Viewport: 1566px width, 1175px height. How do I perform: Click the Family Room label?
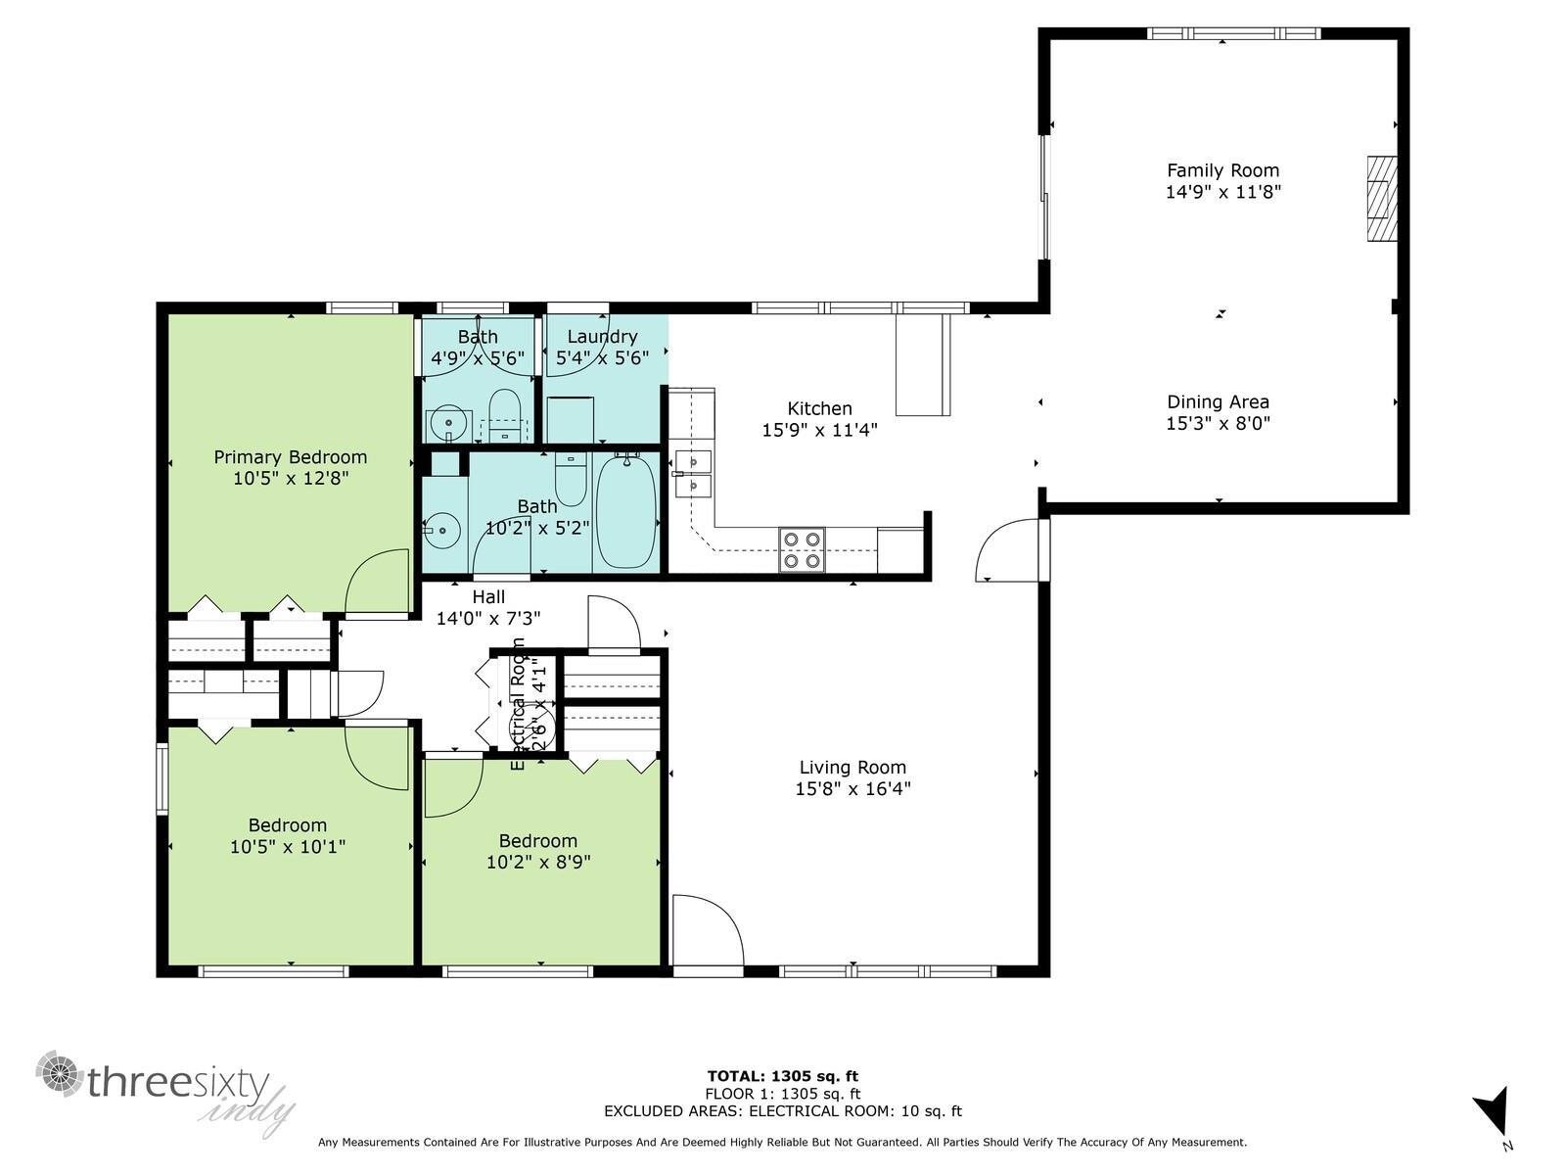click(x=1222, y=170)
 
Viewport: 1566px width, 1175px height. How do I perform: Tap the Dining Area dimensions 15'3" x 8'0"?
click(x=1218, y=423)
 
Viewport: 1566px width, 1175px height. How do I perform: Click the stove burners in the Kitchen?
click(x=802, y=549)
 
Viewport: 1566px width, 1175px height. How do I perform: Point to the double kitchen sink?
click(x=692, y=471)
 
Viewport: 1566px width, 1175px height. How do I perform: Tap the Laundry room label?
click(x=602, y=337)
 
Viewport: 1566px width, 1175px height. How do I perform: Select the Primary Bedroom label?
click(x=291, y=457)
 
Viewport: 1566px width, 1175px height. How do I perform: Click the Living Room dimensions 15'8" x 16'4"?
click(x=852, y=789)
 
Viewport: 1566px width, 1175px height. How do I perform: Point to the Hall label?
click(x=488, y=596)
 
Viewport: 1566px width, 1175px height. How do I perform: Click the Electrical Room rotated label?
click(x=518, y=703)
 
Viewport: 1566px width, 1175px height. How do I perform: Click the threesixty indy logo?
click(x=166, y=1092)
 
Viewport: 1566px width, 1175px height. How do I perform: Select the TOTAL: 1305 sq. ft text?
click(x=782, y=1076)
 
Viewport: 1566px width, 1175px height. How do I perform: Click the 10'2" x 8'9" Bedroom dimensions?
click(x=537, y=863)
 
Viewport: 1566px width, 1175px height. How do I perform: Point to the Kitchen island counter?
click(x=922, y=364)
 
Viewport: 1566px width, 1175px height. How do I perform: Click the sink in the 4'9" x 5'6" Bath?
click(x=449, y=424)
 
